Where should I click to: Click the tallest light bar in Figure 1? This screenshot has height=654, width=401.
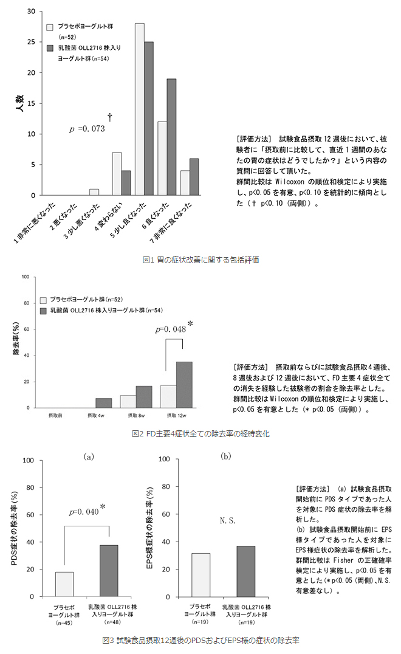pyautogui.click(x=139, y=109)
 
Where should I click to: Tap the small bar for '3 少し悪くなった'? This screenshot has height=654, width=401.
pyautogui.click(x=94, y=192)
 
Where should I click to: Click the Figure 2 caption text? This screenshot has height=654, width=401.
pyautogui.click(x=200, y=433)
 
